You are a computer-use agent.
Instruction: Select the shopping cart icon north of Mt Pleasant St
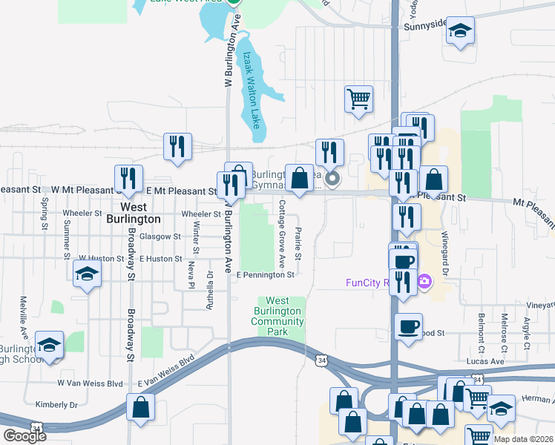pyautogui.click(x=358, y=98)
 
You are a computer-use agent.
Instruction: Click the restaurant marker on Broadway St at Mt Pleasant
pyautogui.click(x=128, y=179)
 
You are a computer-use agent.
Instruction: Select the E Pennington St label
pyautogui.click(x=266, y=274)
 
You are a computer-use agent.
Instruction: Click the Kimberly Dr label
pyautogui.click(x=56, y=405)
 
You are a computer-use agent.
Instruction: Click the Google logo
pyautogui.click(x=24, y=436)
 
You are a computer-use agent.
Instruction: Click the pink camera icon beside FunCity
pyautogui.click(x=424, y=281)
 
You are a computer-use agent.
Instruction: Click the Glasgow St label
pyautogui.click(x=162, y=236)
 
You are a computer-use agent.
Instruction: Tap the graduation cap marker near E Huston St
pyautogui.click(x=87, y=273)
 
